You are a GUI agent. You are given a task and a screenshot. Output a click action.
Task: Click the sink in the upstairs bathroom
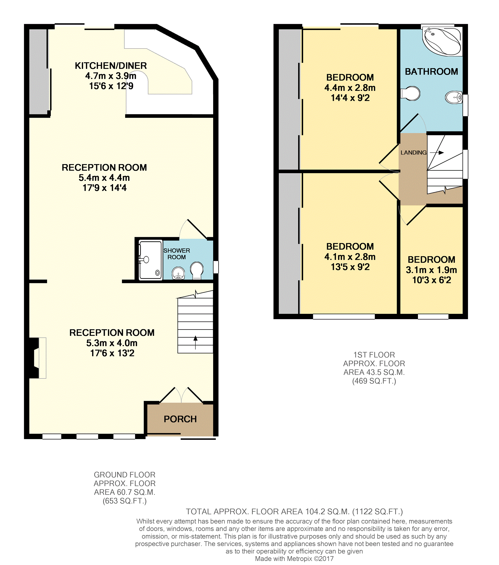coord(454,97)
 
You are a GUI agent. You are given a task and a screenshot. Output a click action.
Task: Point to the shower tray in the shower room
coord(150,260)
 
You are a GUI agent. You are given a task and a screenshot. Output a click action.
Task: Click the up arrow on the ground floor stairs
coord(195,342)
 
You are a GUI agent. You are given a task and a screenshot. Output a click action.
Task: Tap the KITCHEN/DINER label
coord(111,66)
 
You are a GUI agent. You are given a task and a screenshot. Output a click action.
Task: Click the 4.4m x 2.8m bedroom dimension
coord(350,88)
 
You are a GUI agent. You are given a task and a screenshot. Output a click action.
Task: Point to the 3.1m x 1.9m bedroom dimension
coord(431,270)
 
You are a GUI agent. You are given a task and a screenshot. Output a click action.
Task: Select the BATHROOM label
coord(431,72)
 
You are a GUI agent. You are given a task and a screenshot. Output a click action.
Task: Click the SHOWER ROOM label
coord(176,254)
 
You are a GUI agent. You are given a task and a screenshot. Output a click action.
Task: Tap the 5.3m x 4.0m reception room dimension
coord(112,343)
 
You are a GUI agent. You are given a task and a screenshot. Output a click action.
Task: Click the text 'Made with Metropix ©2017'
coord(294,559)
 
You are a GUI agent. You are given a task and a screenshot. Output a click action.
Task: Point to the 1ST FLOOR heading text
coord(374,355)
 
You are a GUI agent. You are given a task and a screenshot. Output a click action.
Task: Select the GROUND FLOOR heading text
coord(124,475)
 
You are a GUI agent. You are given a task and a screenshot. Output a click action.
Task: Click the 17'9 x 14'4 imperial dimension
coord(104,188)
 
